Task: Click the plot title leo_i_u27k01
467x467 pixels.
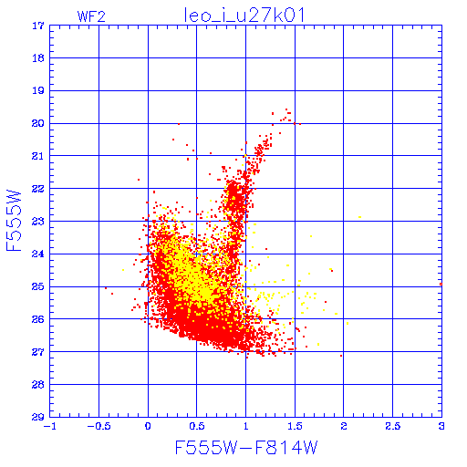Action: (x=244, y=16)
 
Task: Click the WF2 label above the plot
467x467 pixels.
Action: (x=91, y=16)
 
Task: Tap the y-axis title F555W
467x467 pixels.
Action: (x=14, y=221)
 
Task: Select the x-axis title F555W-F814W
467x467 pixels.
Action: (x=246, y=448)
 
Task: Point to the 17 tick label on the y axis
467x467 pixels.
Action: (x=38, y=26)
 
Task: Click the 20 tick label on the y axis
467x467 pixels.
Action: (x=38, y=123)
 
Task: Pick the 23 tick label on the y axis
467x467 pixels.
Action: (x=38, y=222)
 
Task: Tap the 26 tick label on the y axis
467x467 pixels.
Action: (x=38, y=319)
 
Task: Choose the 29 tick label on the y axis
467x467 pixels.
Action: (x=38, y=417)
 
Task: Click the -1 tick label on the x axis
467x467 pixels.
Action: (x=50, y=426)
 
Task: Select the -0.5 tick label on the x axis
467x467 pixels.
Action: (x=99, y=426)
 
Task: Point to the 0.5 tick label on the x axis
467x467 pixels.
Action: (x=197, y=426)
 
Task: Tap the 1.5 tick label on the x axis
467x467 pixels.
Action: (x=295, y=426)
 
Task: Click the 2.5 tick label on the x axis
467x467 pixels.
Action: (x=393, y=426)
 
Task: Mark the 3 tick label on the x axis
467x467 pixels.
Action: (x=441, y=426)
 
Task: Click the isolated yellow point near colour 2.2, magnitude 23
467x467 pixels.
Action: (x=360, y=217)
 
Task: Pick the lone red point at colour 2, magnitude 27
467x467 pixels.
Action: (x=341, y=356)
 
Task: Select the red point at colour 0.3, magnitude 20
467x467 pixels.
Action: (x=179, y=124)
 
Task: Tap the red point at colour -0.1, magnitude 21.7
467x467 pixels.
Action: (x=139, y=180)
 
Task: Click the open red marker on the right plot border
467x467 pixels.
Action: (x=441, y=284)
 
